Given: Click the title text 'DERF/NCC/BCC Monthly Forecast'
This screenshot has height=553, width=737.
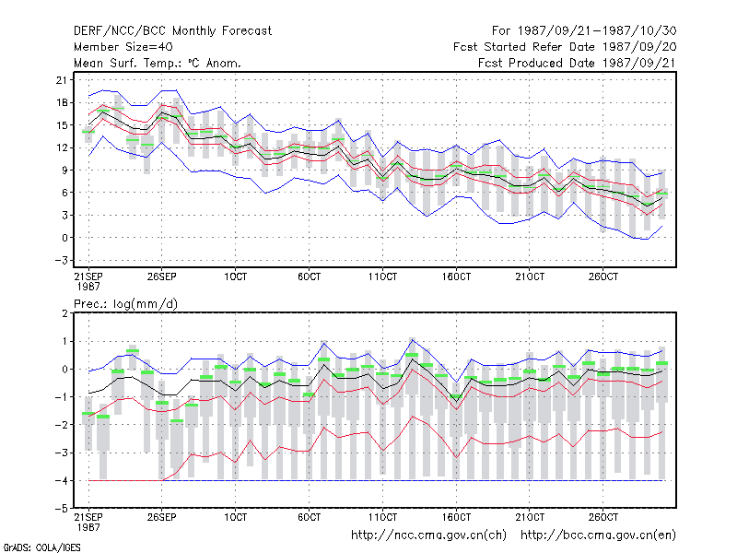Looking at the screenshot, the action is click(x=172, y=31).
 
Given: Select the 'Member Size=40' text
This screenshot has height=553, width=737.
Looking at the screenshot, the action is click(x=123, y=47).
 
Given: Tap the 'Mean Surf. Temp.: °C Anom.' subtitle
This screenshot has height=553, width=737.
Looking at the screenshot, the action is click(x=158, y=63).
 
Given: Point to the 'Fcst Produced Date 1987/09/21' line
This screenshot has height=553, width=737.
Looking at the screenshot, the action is click(x=577, y=63).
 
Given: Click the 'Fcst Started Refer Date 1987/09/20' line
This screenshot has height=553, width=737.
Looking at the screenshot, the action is click(x=565, y=47).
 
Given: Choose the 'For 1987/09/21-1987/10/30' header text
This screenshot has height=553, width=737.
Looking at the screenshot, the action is click(x=584, y=31).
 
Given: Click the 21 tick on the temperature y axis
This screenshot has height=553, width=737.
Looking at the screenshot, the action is click(x=62, y=80).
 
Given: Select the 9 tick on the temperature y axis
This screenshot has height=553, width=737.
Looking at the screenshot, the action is click(x=64, y=170).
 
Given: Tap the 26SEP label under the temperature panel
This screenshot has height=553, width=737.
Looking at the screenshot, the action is click(x=162, y=276).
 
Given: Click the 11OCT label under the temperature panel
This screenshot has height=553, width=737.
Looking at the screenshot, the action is click(x=382, y=276).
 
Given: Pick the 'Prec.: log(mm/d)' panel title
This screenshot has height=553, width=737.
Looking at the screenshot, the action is click(x=125, y=304).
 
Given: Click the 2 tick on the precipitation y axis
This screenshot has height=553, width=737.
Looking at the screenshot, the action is click(x=64, y=313).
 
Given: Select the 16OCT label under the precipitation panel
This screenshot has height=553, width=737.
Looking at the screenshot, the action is click(x=456, y=517).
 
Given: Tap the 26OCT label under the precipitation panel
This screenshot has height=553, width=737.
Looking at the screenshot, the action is click(x=603, y=517).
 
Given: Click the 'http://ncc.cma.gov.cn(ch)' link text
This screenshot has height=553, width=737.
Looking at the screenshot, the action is click(x=428, y=535).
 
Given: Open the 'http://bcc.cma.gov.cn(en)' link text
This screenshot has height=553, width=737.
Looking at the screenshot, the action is click(x=598, y=535).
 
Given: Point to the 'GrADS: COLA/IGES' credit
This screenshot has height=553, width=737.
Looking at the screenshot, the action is click(x=42, y=547).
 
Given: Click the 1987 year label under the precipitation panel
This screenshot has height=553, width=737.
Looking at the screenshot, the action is click(x=88, y=527).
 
